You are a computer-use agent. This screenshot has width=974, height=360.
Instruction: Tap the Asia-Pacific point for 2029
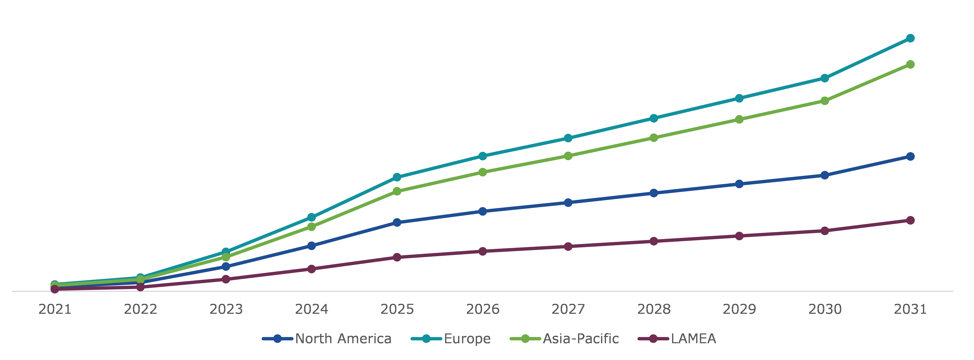pos(739,120)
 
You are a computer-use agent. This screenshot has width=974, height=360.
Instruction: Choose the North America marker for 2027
pos(568,203)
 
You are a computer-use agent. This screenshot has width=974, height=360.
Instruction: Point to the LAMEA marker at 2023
pos(226,279)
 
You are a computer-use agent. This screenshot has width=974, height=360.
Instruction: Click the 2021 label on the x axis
pos(55,309)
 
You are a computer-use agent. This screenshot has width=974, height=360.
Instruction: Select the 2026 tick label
pos(483,309)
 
